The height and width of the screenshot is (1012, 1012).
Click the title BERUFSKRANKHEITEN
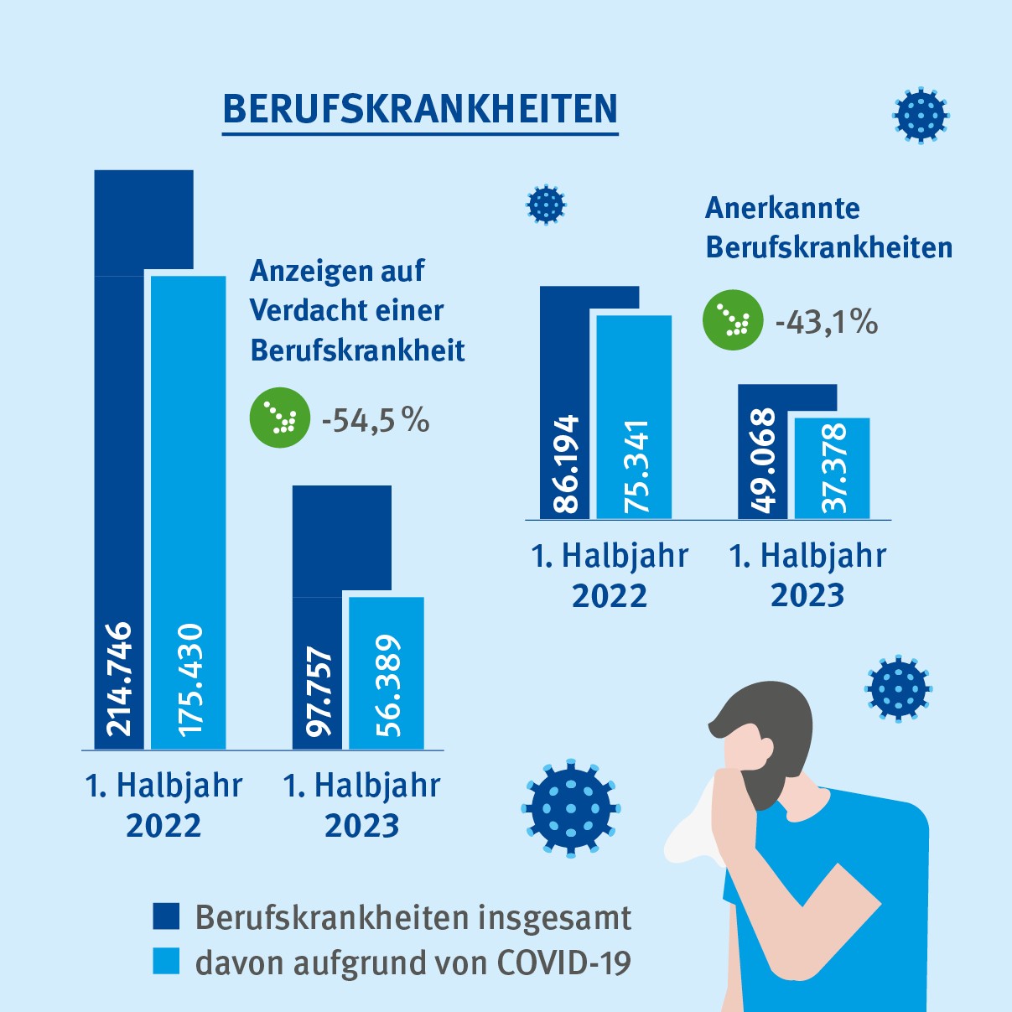coord(420,110)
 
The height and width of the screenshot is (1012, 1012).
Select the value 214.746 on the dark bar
coord(119,679)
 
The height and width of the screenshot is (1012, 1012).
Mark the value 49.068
coord(763,460)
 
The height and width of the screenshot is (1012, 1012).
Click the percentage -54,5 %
coord(376,419)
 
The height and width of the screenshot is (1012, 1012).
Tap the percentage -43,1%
coord(826,322)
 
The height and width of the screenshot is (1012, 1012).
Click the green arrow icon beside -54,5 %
coord(280,417)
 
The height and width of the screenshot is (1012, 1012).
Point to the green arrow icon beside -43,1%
coord(733,320)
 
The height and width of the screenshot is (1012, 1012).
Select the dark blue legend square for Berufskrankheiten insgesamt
coord(166,916)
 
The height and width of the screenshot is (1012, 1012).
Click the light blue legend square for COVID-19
coord(166,961)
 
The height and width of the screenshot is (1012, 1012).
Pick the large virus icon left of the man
coord(571,809)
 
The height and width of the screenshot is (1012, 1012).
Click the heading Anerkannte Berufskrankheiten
coord(828,227)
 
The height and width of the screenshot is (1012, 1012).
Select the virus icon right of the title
coord(921,115)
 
